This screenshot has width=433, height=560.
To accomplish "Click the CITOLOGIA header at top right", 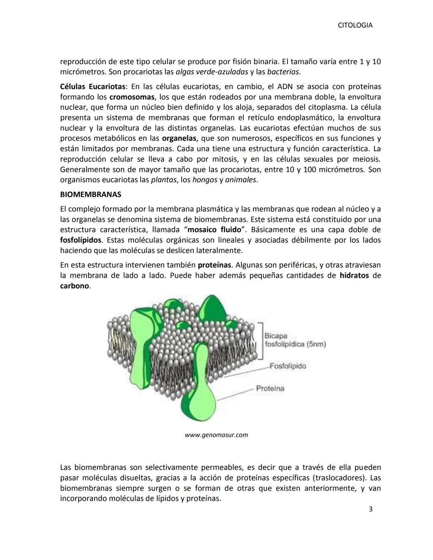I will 355,25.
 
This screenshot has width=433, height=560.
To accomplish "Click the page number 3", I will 370,509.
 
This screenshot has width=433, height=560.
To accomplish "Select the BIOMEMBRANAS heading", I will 90,194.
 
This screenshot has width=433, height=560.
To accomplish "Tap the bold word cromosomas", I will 132,97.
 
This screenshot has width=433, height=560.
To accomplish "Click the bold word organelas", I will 179,138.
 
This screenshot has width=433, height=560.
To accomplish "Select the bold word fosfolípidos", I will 81,240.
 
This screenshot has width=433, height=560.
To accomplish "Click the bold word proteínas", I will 214,265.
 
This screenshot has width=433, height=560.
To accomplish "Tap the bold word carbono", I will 75,286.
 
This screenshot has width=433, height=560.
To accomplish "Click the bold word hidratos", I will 354,275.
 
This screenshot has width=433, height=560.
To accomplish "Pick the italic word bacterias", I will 284,72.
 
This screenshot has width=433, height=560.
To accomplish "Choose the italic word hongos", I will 204,180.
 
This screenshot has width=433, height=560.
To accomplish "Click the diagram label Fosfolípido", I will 288,366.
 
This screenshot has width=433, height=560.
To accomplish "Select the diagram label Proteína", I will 270,388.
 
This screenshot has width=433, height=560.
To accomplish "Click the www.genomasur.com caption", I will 216,435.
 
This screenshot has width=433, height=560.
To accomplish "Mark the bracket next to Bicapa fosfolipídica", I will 261,340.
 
